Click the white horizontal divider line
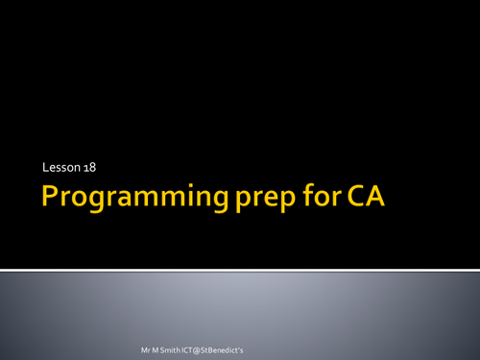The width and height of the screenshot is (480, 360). tap(240, 268)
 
